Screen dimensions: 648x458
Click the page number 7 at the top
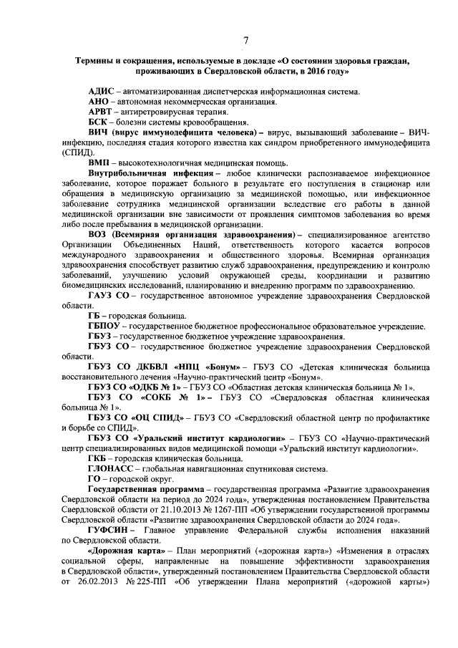pyautogui.click(x=245, y=39)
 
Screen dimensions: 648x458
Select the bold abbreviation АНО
pyautogui.click(x=99, y=103)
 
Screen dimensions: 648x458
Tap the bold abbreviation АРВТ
pyautogui.click(x=101, y=113)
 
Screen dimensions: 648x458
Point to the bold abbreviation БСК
pyautogui.click(x=98, y=123)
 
